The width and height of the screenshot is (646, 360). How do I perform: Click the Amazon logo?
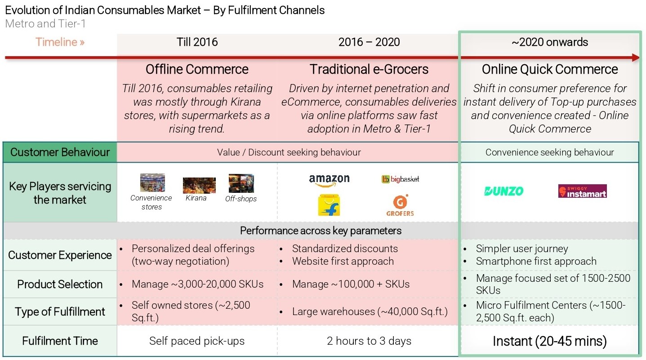[329, 181]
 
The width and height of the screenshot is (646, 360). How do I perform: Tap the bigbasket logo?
[400, 179]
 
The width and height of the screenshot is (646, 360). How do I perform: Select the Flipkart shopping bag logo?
[329, 205]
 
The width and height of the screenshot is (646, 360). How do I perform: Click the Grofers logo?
[400, 205]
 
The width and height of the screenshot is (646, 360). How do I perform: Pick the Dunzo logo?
[503, 191]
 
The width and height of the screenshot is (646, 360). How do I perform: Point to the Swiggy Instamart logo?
[582, 191]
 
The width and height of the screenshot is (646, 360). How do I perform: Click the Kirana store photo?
[199, 185]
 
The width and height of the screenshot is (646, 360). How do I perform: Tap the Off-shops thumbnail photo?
[241, 183]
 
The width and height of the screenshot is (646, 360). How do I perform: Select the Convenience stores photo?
[152, 182]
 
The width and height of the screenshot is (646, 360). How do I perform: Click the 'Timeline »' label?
[60, 42]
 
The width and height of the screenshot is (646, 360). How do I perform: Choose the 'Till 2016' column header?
[197, 42]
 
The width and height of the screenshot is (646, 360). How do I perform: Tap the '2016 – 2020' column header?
[369, 42]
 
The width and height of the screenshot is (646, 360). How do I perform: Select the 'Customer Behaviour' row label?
[60, 152]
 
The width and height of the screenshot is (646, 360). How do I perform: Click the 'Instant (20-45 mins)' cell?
[550, 341]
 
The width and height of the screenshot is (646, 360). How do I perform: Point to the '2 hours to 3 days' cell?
[369, 341]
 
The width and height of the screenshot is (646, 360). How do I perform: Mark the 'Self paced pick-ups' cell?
[197, 341]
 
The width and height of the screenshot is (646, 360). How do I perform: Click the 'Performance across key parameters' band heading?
[321, 231]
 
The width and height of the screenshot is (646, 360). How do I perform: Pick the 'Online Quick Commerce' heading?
[550, 69]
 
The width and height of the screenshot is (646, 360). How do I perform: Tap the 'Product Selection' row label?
[60, 284]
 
